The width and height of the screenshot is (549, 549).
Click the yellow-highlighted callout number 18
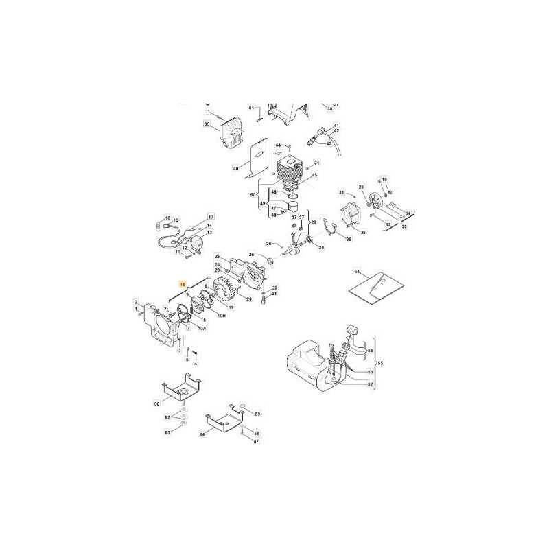[182, 283]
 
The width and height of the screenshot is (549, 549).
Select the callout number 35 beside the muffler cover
[206, 124]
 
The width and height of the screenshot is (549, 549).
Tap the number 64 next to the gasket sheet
[356, 272]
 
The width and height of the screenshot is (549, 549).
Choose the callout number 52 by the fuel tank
[371, 384]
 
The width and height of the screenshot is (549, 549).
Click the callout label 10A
[202, 329]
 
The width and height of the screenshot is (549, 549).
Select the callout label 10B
[221, 315]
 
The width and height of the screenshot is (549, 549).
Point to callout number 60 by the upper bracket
[156, 404]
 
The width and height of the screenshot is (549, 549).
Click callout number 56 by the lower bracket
[202, 435]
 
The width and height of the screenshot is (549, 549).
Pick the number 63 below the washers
[167, 432]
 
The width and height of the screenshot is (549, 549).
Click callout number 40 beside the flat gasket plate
[236, 168]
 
